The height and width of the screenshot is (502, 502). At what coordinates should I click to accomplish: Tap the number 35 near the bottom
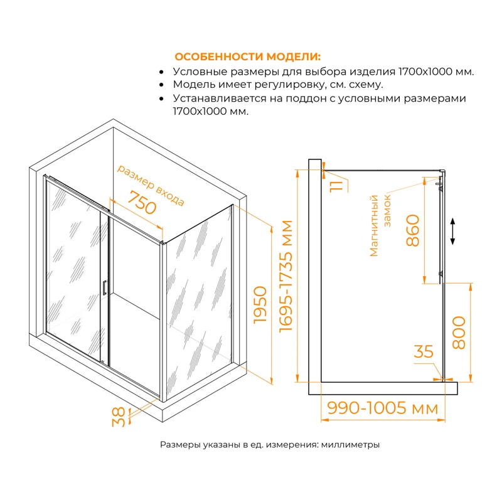[425, 352]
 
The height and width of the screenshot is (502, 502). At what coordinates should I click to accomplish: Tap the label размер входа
[151, 186]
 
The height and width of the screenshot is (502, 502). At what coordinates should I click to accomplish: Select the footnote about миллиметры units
[270, 445]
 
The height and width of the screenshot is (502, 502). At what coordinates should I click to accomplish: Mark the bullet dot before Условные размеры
[163, 72]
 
